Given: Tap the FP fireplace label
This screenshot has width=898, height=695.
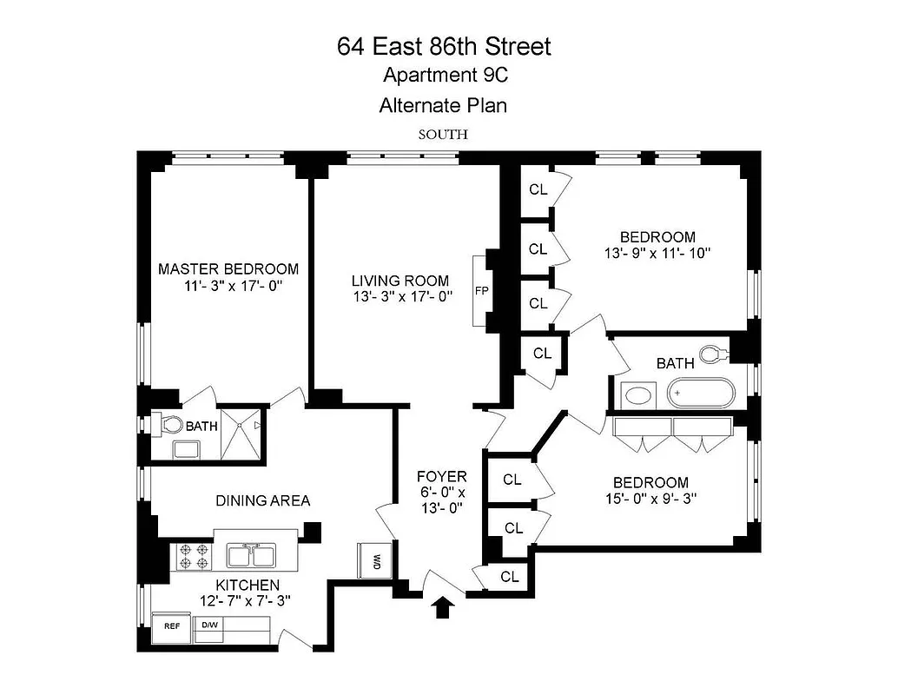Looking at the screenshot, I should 480,291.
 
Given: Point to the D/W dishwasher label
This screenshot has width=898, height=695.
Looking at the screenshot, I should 210,625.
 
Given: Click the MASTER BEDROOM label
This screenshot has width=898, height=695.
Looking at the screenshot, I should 228,269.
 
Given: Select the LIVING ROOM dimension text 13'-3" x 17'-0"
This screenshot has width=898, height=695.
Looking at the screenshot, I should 400,296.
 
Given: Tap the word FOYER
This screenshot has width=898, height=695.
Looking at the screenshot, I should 442,476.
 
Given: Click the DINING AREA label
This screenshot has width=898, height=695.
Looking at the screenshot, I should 263,500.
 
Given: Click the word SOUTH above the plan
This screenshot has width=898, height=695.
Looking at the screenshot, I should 443,135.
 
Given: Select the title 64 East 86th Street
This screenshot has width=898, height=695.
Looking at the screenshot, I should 444,46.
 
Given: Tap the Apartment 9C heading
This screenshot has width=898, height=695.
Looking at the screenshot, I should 445,76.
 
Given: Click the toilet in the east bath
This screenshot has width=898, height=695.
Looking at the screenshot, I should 713,354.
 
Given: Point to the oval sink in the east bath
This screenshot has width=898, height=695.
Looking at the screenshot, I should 640,395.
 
